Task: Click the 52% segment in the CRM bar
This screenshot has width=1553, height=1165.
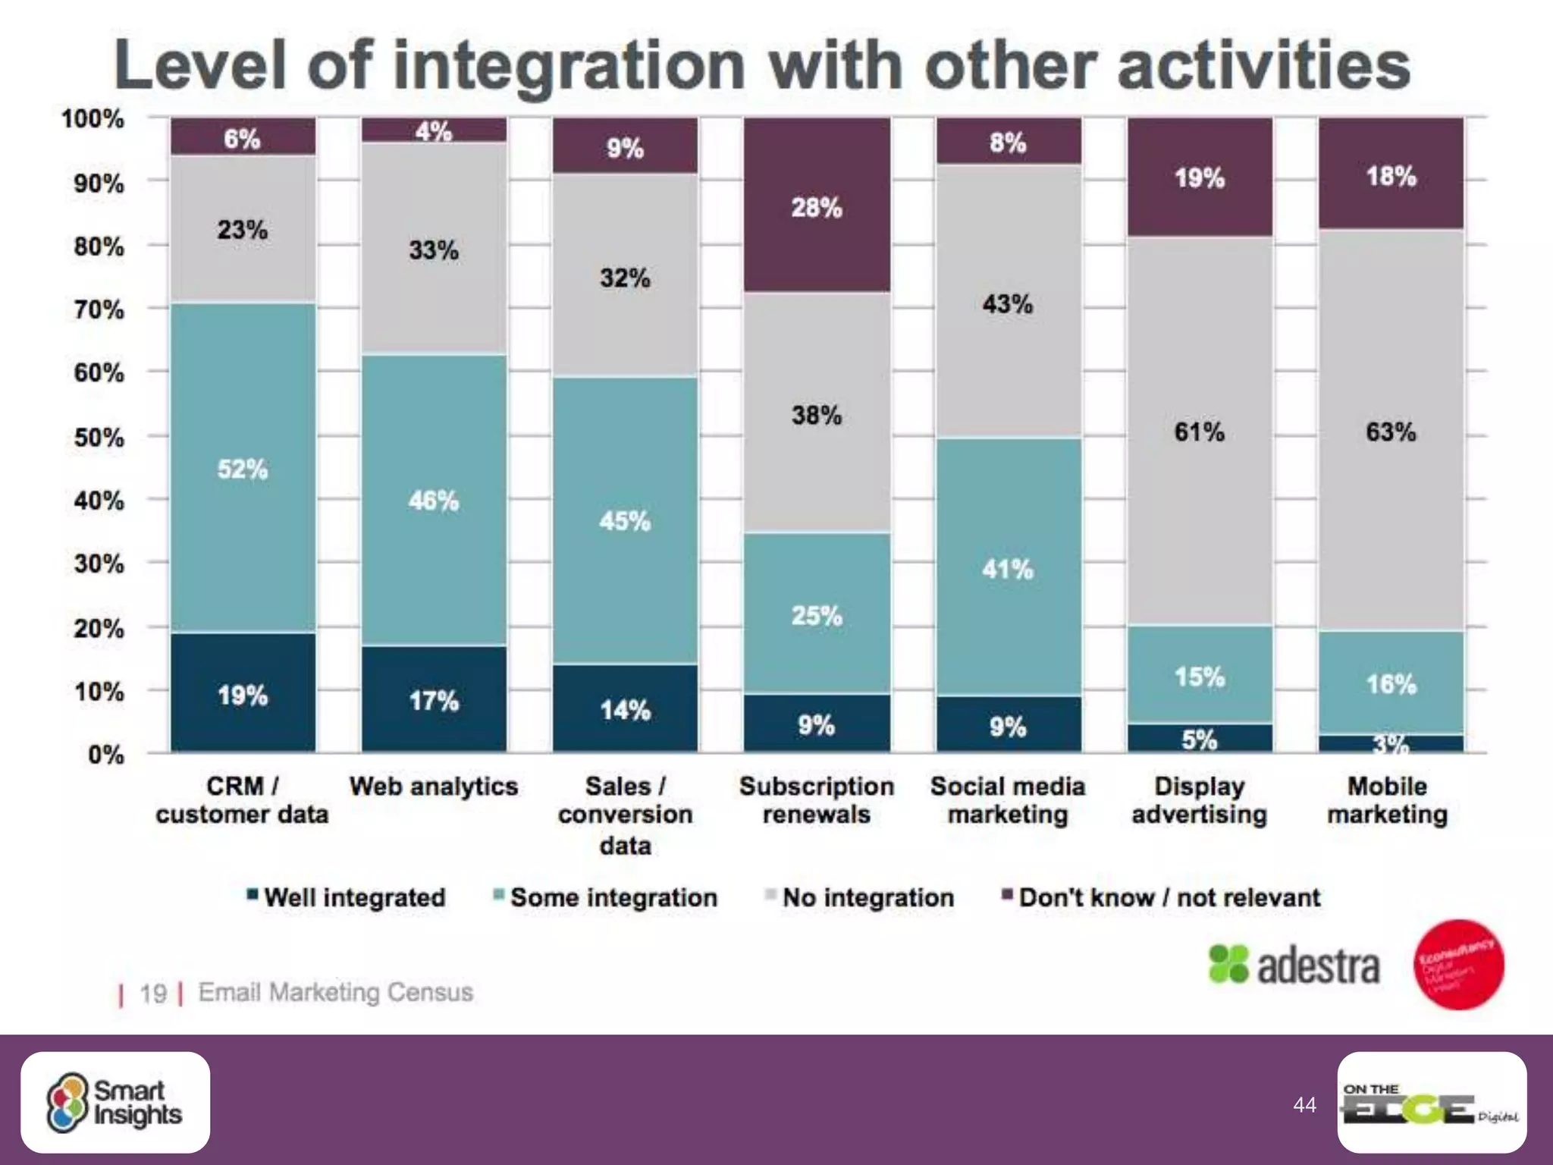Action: pyautogui.click(x=243, y=468)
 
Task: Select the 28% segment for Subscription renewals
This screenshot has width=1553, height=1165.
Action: pyautogui.click(x=817, y=206)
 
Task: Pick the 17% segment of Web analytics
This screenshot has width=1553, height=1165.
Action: pyautogui.click(x=434, y=699)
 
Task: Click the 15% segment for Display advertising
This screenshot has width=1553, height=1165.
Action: pyautogui.click(x=1200, y=675)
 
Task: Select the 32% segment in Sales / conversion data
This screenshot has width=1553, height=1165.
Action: pyautogui.click(x=625, y=277)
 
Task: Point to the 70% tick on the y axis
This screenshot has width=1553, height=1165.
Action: pyautogui.click(x=99, y=309)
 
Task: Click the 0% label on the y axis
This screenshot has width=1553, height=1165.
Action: pyautogui.click(x=106, y=755)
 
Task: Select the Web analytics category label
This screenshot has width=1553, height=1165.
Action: pyautogui.click(x=434, y=787)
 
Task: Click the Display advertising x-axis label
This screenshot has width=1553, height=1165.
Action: pyautogui.click(x=1199, y=800)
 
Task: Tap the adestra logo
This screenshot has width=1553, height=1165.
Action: pyautogui.click(x=1294, y=966)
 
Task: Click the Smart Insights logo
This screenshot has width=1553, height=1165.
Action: pyautogui.click(x=115, y=1102)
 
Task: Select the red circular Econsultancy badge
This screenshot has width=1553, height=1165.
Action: pyautogui.click(x=1459, y=964)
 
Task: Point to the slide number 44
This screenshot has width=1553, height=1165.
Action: pyautogui.click(x=1304, y=1104)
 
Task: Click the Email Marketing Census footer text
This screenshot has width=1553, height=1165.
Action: pyautogui.click(x=335, y=992)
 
